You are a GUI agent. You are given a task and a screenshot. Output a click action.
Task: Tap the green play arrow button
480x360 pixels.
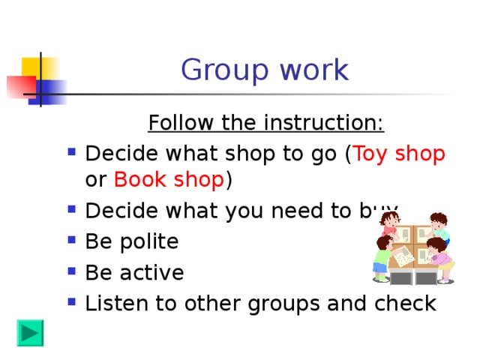[31, 332]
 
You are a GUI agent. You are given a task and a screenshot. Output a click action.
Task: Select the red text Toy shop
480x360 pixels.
[400, 154]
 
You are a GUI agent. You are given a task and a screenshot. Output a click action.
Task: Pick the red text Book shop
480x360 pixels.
[169, 181]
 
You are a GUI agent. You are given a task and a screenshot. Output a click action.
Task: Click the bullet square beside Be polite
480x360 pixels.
[71, 241]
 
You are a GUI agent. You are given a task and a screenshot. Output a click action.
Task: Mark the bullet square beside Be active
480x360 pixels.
[71, 272]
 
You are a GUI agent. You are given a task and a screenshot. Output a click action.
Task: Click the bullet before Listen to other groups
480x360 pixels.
[71, 303]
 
